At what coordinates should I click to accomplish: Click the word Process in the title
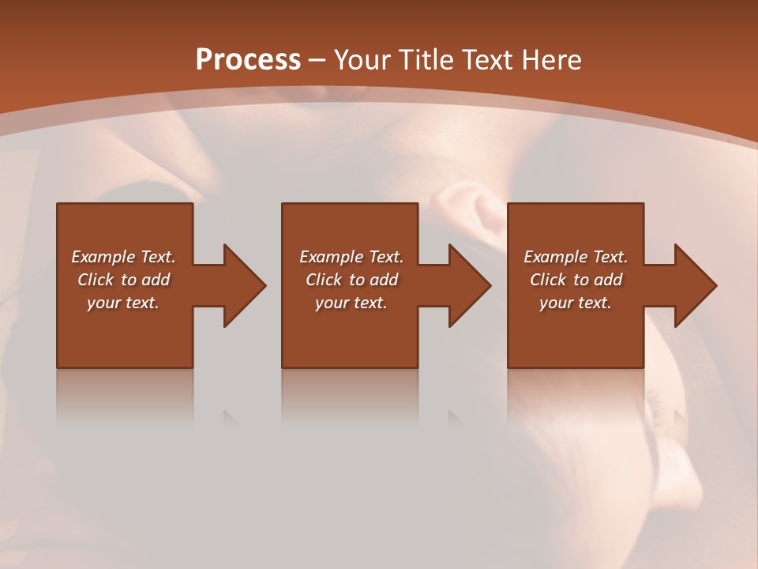[x=248, y=60]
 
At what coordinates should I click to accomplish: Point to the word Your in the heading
[x=362, y=60]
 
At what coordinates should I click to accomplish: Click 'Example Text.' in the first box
[x=123, y=257]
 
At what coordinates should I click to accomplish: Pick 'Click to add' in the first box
[x=123, y=280]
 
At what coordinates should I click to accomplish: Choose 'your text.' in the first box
[x=123, y=303]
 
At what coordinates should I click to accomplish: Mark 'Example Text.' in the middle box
[x=351, y=257]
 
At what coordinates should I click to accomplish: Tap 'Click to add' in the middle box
[x=351, y=280]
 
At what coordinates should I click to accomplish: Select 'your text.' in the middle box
[x=351, y=303]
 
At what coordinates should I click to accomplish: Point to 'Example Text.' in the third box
[x=576, y=257]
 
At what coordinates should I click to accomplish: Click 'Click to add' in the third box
[x=576, y=280]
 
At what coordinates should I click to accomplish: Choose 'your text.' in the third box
[x=576, y=303]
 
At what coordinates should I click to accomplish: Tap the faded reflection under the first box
[x=125, y=395]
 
